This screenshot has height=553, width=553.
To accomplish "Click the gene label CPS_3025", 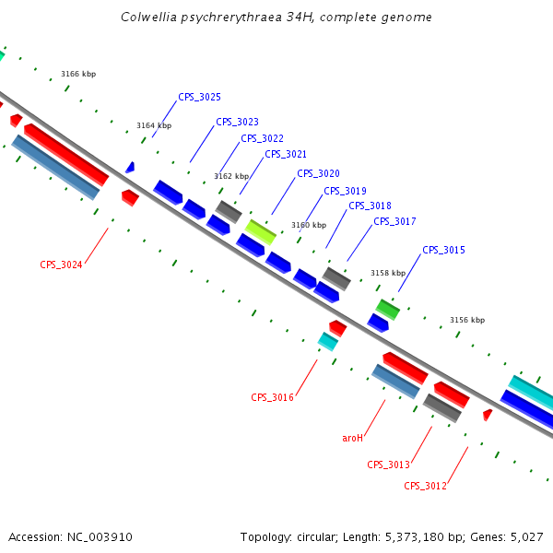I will coord(199,97).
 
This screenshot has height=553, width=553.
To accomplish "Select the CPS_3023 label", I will coord(237,122).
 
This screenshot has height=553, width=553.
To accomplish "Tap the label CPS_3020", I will coord(318,173).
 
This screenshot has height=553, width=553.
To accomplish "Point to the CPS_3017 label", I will coord(394,221).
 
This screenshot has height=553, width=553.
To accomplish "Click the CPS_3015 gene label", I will coord(443,250).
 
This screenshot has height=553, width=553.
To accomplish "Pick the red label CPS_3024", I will coord(61,265).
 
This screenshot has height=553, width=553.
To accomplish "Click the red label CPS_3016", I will coord(272,397).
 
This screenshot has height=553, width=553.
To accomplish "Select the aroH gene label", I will coord(352,438).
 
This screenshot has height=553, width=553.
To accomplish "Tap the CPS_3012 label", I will coord(425,486).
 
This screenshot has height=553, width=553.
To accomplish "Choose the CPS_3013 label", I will coord(388,465).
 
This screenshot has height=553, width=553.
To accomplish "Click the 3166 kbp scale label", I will coord(78,74).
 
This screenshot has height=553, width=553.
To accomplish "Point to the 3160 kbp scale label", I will coord(309,225).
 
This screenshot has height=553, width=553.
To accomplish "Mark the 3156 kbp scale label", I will coord(467,321).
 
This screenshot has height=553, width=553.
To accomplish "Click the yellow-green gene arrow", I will coord(261,231).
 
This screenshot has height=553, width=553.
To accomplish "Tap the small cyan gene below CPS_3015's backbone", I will coord(327,341).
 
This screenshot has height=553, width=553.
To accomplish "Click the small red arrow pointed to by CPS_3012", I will coord(487,415).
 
